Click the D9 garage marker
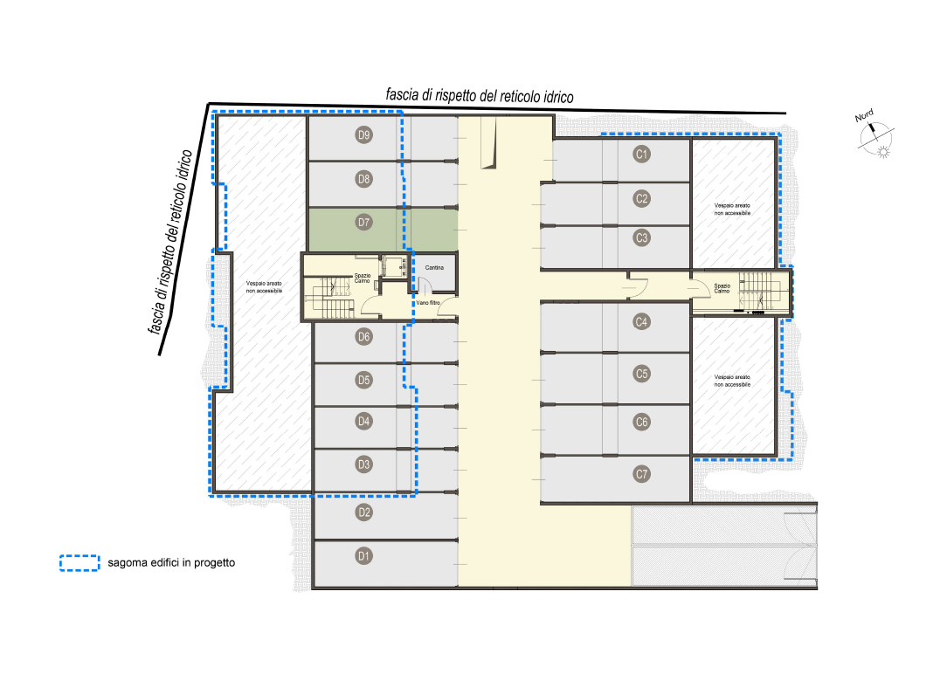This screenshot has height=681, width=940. click(x=364, y=134)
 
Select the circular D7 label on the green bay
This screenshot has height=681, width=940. click(x=364, y=223)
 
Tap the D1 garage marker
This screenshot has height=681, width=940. click(x=364, y=556)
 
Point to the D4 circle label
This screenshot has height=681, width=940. click(x=364, y=421)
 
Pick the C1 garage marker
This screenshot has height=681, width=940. click(x=641, y=155)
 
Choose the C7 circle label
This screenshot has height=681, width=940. click(x=641, y=474)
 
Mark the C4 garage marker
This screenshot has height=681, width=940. click(x=641, y=321)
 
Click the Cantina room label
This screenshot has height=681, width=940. click(x=435, y=268)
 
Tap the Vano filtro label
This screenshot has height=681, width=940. click(x=428, y=303)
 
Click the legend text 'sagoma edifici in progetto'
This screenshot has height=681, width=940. click(x=171, y=563)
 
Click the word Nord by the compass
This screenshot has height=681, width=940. click(x=864, y=115)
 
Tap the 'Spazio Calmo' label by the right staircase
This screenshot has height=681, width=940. click(x=722, y=288)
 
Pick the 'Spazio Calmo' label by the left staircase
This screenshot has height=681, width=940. click(x=362, y=279)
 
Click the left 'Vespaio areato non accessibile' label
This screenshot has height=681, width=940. click(x=264, y=287)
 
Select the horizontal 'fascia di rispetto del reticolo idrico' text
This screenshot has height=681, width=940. click(x=480, y=96)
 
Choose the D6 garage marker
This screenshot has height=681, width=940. click(x=364, y=337)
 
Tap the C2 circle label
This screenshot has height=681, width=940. click(x=641, y=199)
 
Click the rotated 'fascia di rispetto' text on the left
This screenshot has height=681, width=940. click(x=170, y=241)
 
